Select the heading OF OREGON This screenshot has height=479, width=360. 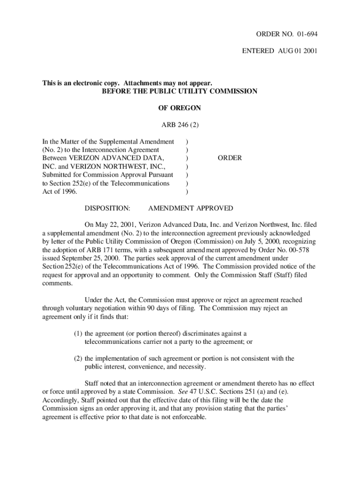click(180, 108)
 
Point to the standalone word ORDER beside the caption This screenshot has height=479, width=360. click(230, 158)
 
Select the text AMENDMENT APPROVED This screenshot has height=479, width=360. click(190, 208)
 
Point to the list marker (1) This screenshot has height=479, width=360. click(78, 334)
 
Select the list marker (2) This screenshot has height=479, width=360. click(78, 359)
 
